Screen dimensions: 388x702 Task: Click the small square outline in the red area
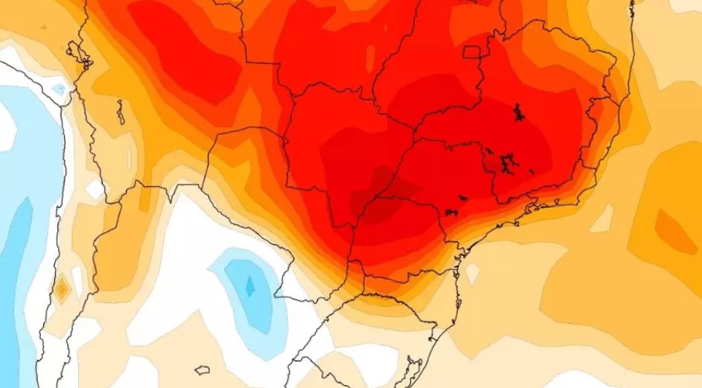(471, 51)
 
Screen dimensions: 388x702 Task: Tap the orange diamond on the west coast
(62, 289)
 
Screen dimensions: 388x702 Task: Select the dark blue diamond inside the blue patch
(250, 285)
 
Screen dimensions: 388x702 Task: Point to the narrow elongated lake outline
(121, 112)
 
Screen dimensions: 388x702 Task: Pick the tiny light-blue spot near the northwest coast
(59, 89)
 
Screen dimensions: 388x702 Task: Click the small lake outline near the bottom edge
(202, 369)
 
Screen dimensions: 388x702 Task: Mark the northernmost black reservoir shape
(518, 112)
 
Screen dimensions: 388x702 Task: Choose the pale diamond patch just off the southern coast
(472, 273)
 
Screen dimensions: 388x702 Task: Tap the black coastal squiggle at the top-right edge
(631, 9)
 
